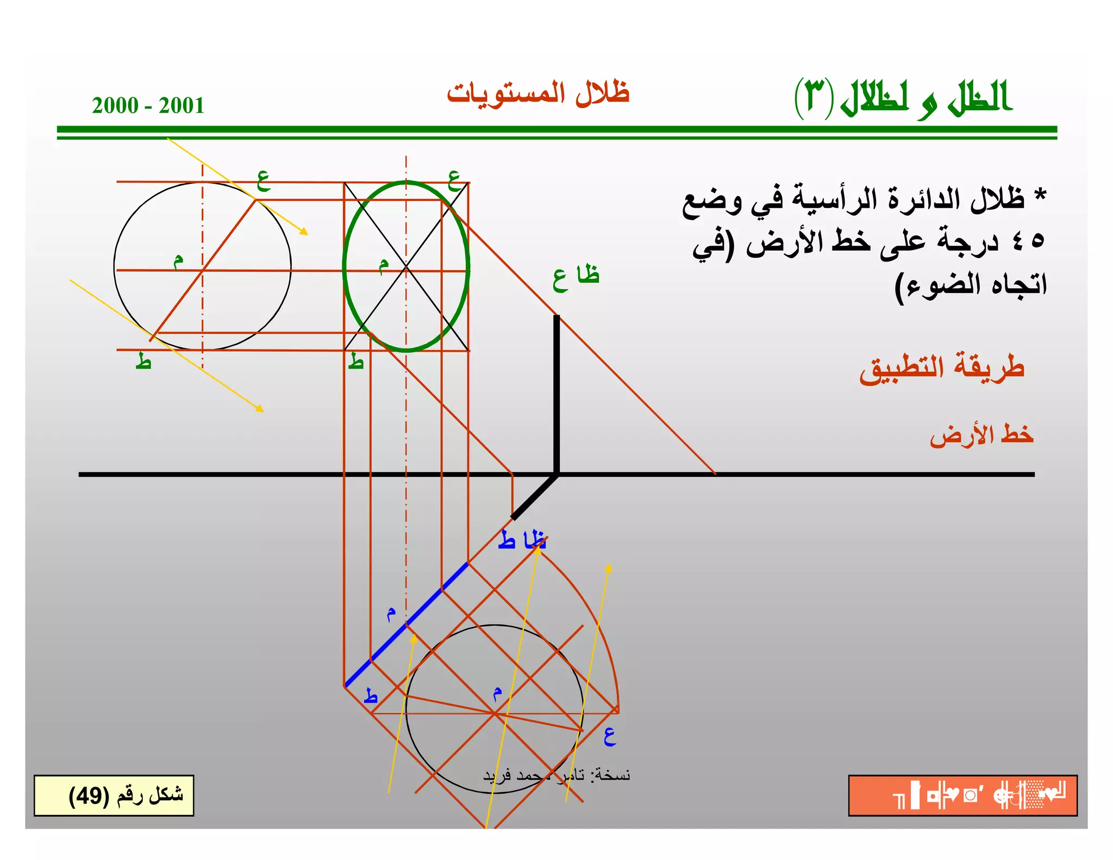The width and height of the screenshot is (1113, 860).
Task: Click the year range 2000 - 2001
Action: coord(148,105)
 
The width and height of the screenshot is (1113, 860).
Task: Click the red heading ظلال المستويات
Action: coord(538,93)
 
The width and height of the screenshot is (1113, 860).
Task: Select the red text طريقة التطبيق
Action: coord(942,368)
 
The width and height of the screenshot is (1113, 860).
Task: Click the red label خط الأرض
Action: coord(981,435)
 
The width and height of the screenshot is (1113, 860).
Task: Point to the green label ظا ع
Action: coord(576,277)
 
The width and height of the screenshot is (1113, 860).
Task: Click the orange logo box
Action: coord(962,795)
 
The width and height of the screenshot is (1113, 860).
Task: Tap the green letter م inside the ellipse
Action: coord(384,265)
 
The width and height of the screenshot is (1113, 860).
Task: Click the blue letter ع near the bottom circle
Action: coord(610,737)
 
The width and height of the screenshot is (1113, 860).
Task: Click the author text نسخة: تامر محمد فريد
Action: coord(556,775)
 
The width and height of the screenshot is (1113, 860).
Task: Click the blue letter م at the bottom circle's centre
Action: coord(497,694)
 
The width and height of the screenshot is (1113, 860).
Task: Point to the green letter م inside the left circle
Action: coord(178,261)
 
